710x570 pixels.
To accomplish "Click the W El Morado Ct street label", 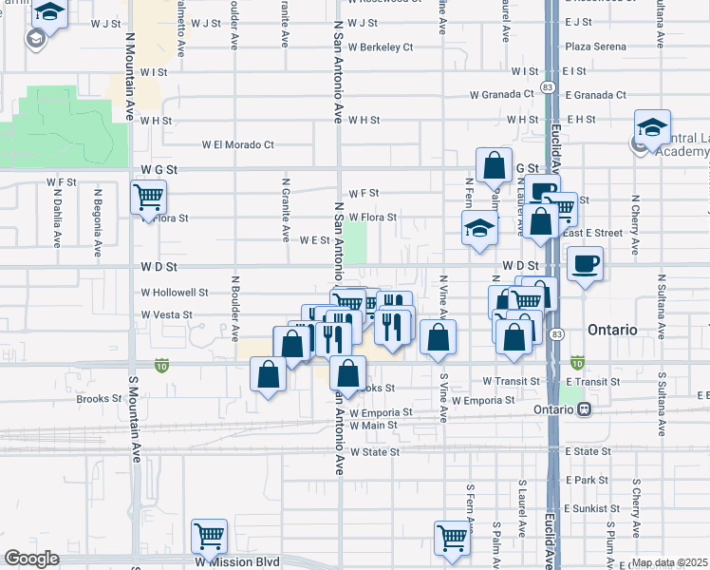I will pos(237,145).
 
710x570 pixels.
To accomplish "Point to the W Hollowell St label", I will pos(174,294).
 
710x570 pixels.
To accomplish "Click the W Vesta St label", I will pos(167,314).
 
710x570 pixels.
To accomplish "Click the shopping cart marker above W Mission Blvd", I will pos(209,535).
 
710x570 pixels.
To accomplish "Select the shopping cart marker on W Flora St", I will pos(148,198).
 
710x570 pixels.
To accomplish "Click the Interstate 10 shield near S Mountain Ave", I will pos(162,364).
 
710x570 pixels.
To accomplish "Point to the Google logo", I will pos(31,559).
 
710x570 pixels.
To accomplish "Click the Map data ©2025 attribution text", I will pos(670,562).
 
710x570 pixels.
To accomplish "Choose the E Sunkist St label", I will pos(590,509).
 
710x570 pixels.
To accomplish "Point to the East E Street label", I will pos(594,233).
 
